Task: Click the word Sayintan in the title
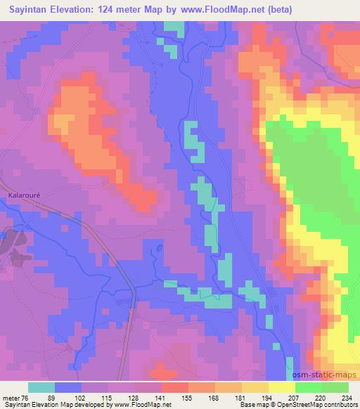32,9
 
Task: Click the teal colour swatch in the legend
41,387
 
